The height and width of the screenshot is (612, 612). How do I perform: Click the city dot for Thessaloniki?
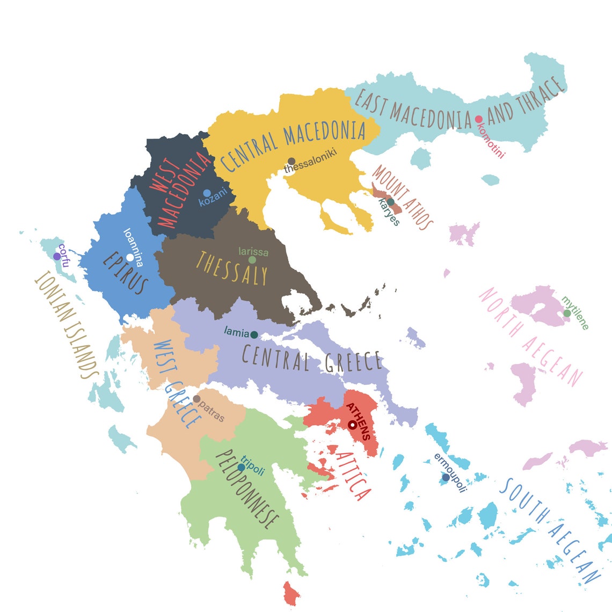pos(292,161)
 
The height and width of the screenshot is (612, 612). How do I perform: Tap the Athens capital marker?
pos(352,425)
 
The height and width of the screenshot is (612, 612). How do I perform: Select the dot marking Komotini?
pos(478,119)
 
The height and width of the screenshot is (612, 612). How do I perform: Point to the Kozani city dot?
pos(207,193)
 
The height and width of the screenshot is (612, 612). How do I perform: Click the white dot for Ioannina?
pos(130,258)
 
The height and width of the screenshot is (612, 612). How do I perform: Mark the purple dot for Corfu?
pos(57,257)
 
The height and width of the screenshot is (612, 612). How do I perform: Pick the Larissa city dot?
pos(252,260)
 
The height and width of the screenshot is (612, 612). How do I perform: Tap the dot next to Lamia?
pos(254,335)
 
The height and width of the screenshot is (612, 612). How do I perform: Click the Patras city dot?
pos(196,399)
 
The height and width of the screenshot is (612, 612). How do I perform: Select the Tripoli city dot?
pos(241,468)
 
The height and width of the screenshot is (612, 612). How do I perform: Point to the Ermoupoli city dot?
pos(446,477)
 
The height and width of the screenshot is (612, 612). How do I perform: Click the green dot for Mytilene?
pos(567,313)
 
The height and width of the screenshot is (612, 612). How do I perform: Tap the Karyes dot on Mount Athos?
pos(391,202)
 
